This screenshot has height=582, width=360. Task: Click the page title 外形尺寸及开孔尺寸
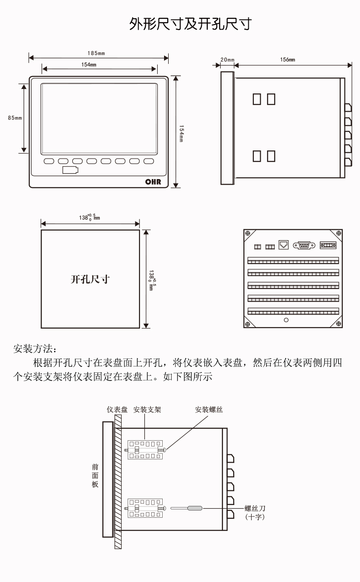tap(190, 24)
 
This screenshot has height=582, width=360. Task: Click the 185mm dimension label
tap(96, 53)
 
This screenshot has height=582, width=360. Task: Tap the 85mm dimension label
tap(15, 118)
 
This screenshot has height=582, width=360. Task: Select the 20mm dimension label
tap(227, 60)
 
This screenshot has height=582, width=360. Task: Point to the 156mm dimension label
tap(288, 60)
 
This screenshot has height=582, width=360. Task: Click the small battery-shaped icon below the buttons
tap(70, 171)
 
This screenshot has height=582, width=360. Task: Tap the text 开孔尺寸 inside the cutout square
tap(90, 279)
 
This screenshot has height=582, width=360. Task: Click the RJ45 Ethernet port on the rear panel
tap(283, 245)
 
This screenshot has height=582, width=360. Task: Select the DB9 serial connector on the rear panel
tap(303, 245)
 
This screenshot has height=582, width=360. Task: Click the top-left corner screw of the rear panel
tap(248, 234)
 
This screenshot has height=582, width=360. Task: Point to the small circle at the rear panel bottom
tap(286, 320)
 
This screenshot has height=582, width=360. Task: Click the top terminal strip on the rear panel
tap(293, 261)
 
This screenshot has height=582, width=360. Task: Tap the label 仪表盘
tap(117, 410)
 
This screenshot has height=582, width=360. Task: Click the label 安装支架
tap(147, 410)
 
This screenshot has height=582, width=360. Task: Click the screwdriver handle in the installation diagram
tap(195, 508)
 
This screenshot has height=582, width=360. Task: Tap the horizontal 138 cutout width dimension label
tap(89, 217)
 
